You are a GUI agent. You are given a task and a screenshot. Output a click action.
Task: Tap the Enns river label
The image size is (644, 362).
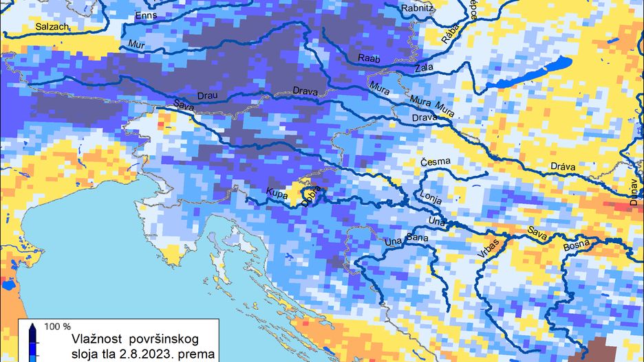[x=147, y=16]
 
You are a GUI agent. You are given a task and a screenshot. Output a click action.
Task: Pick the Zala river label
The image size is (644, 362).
[x=425, y=69]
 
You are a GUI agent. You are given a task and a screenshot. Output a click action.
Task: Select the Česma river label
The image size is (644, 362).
[x=436, y=161]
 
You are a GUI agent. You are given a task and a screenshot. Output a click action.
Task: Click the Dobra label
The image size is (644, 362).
[x=312, y=191]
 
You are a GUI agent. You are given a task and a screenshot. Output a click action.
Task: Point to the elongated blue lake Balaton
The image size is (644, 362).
[x=530, y=73]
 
